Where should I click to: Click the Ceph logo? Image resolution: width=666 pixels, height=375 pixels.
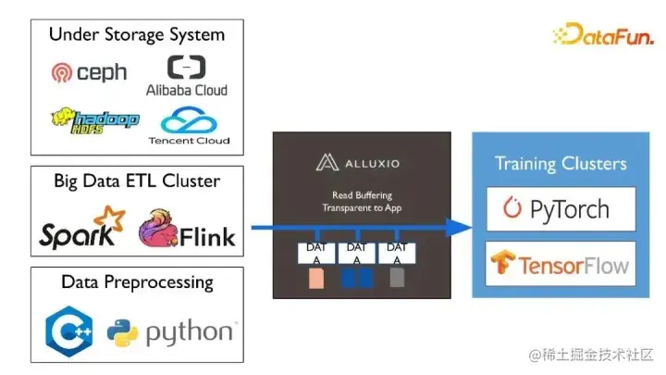(89, 72)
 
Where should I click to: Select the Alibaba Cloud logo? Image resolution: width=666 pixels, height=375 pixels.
(186, 75)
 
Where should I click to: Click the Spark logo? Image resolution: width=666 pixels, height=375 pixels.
(81, 229)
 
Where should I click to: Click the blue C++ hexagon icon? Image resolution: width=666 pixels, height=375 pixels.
(68, 331)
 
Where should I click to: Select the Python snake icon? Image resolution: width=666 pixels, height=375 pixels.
(121, 331)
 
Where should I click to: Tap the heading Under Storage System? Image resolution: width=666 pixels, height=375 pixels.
(136, 35)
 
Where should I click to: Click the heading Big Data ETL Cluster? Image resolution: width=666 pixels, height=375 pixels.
(137, 181)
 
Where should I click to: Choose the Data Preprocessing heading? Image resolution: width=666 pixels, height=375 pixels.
(137, 282)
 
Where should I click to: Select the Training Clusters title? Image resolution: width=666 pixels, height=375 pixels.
(560, 164)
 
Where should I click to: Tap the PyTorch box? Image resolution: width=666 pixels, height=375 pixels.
(560, 208)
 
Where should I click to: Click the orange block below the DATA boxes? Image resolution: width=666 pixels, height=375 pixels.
(316, 280)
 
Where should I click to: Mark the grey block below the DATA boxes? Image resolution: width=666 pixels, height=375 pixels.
(396, 280)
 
